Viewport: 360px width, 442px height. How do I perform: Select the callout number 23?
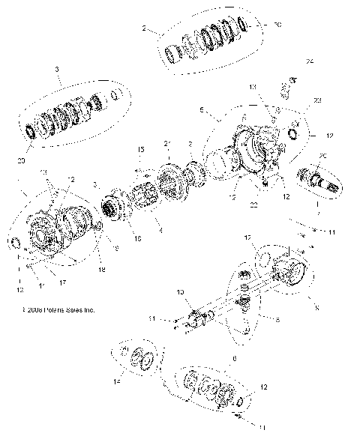point(317,100)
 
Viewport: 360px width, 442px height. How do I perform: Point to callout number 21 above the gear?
point(167,144)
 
